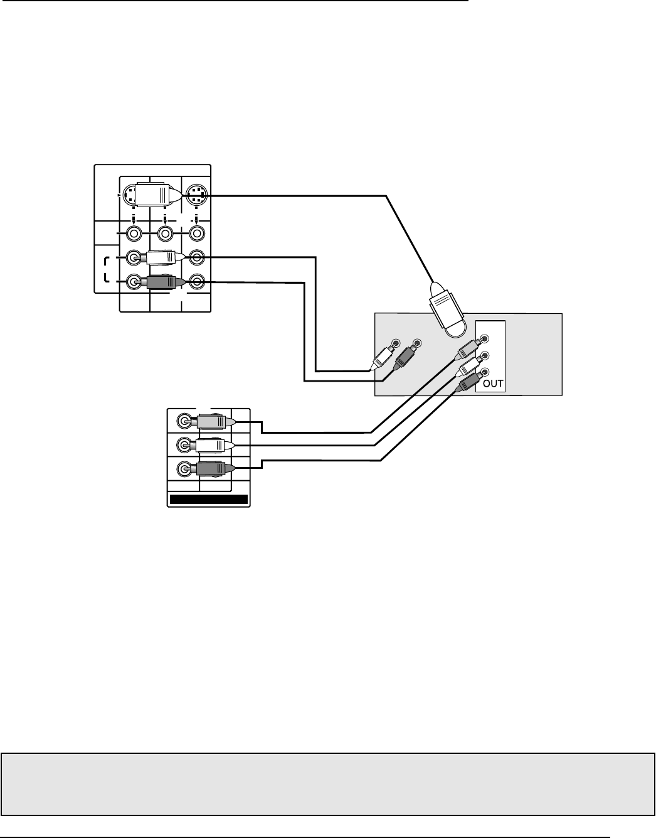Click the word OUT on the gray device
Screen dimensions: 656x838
(494, 384)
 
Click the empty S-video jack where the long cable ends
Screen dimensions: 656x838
(197, 196)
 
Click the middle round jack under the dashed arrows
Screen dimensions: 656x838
(165, 234)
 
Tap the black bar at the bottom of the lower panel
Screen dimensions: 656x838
(208, 500)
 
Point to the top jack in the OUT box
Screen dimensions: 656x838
(485, 341)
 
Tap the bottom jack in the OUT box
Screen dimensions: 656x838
(485, 371)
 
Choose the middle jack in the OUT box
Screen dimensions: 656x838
(485, 356)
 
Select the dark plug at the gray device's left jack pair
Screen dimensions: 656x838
(405, 357)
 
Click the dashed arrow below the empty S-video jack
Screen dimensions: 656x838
(197, 218)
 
